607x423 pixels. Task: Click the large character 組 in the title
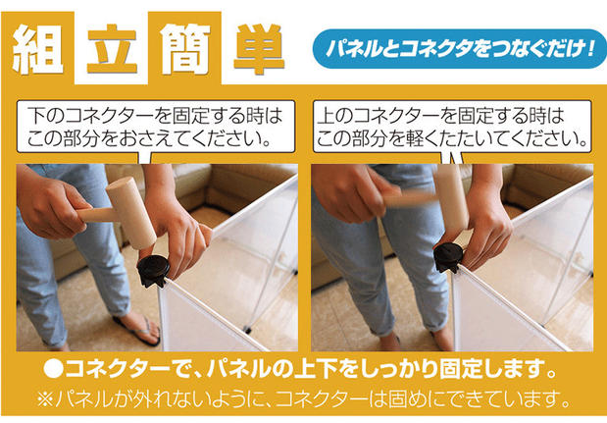point(37,49)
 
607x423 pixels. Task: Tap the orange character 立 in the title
point(112,49)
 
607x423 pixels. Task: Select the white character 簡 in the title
point(184,49)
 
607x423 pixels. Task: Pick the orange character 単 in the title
point(259,49)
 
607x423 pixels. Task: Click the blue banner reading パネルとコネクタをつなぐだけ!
point(460,49)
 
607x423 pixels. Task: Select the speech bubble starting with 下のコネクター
point(156,127)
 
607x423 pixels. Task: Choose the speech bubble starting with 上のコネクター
point(452,127)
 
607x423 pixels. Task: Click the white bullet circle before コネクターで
point(53,369)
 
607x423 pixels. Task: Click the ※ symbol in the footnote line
point(45,399)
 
